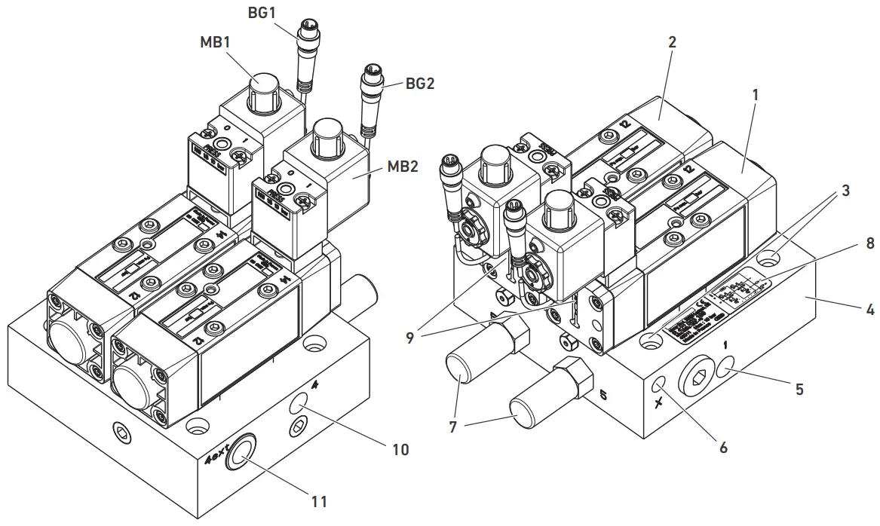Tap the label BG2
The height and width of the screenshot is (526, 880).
pos(421,84)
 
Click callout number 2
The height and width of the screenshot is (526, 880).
pos(672,42)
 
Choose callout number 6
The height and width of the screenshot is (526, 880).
pos(723,446)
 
